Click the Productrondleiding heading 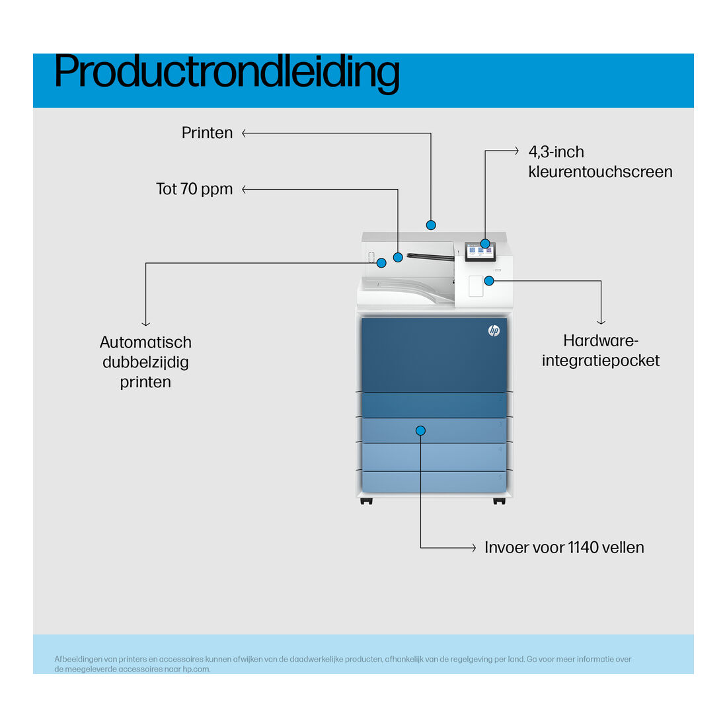227,72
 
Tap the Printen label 207,133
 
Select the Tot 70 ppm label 194,189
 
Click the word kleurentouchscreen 600,172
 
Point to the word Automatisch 145,342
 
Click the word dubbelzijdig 145,363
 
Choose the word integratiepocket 601,361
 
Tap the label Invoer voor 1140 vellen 564,548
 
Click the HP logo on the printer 494,330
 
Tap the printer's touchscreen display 480,251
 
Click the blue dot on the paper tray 420,431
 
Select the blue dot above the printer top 431,225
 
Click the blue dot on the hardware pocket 489,281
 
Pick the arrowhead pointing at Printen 245,133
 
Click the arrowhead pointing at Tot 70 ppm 245,189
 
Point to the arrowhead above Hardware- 601,322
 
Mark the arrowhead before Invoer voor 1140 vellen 473,548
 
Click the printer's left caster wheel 366,501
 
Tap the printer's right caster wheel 499,501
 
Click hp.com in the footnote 196,669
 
